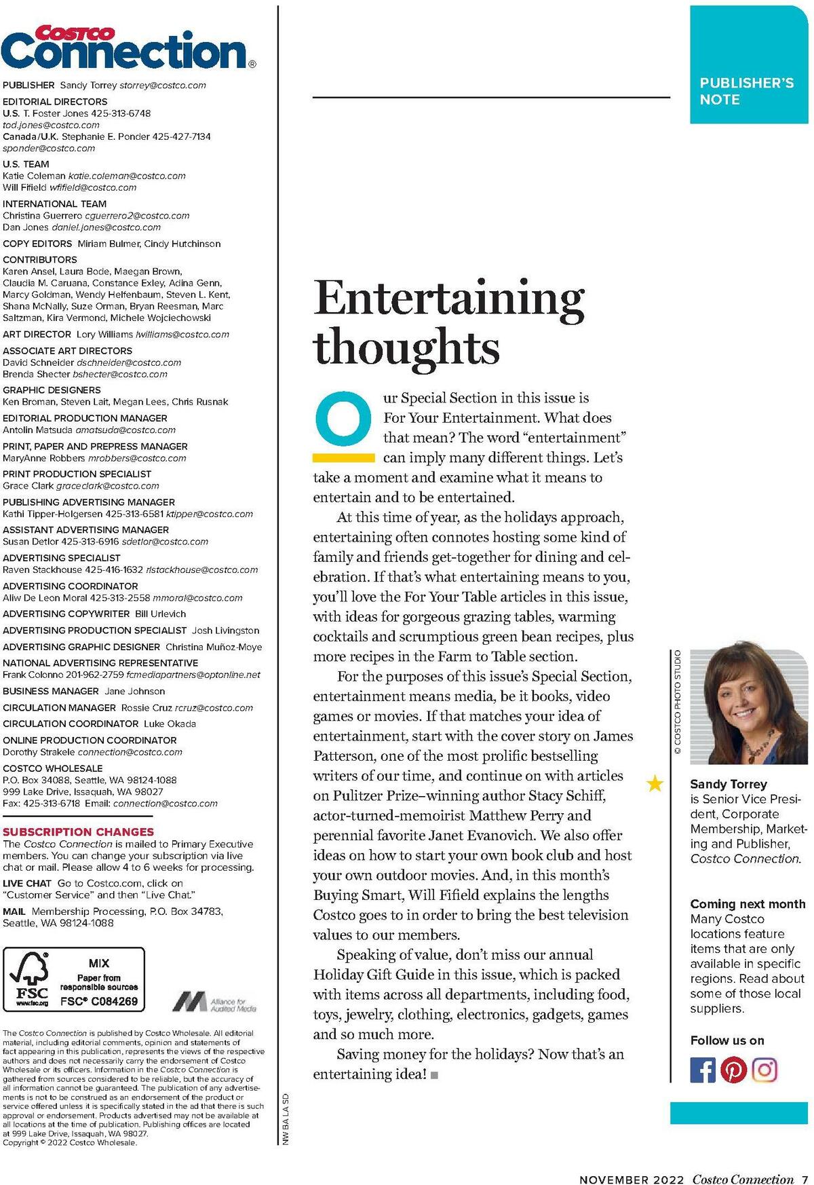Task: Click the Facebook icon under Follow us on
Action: pos(703,1070)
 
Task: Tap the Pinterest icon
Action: pos(733,1070)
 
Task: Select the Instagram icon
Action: pos(764,1070)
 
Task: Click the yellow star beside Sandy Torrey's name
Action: pos(655,785)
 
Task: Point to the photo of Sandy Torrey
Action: pos(748,706)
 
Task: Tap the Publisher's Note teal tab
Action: pos(748,65)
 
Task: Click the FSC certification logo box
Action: pos(74,979)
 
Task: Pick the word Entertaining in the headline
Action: pos(448,299)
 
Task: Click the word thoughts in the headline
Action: pos(406,347)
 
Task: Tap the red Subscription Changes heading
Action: pos(79,831)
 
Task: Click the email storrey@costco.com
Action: pos(163,86)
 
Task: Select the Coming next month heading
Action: pos(748,904)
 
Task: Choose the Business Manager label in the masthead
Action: pos(51,691)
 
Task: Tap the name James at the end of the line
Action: pos(613,736)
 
